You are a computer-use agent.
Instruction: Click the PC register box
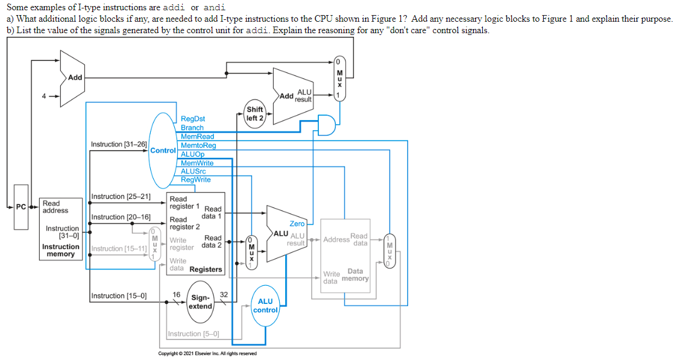pos(21,207)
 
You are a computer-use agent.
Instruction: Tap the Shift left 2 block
pos(255,113)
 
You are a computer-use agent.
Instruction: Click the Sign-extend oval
pos(200,302)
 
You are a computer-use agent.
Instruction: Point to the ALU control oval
pos(265,306)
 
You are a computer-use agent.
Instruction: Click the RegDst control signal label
pos(193,119)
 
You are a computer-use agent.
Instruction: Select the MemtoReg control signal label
pos(198,145)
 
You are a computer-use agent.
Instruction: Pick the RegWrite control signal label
pos(196,180)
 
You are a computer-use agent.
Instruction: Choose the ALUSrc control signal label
pos(194,171)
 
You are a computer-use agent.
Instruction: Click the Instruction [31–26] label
pos(119,145)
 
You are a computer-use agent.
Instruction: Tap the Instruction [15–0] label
pos(118,295)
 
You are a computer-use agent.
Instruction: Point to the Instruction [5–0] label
pos(194,334)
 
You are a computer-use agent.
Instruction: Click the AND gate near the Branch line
pos(327,125)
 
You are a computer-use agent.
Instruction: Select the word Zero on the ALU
pos(297,224)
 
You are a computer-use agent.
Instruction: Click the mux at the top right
pos(339,78)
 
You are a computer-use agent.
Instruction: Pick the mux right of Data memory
pos(390,250)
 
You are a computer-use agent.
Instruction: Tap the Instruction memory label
pos(60,250)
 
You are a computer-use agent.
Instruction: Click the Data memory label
pos(355,275)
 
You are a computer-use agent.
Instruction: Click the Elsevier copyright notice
pos(207,353)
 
